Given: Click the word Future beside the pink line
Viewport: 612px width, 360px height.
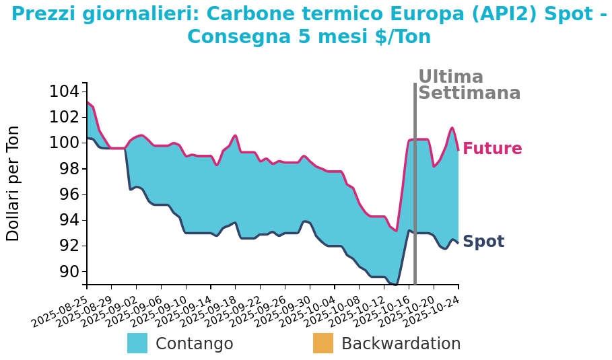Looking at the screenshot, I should [492, 149].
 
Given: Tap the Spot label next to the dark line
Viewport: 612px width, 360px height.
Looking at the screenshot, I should [483, 242].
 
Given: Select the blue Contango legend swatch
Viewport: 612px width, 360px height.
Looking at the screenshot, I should [137, 343].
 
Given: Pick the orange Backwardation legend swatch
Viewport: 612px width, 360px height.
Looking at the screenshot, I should [323, 343].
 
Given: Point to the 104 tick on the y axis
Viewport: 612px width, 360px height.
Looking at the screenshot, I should [64, 92].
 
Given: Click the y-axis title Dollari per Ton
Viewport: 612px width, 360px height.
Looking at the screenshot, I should [13, 183].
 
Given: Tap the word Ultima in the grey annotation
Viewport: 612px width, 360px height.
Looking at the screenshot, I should [450, 77].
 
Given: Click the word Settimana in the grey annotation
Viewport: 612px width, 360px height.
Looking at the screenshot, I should [469, 94].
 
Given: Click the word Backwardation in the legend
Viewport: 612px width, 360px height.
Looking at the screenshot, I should [401, 344].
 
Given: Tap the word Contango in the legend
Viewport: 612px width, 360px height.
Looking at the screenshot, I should [194, 344].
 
